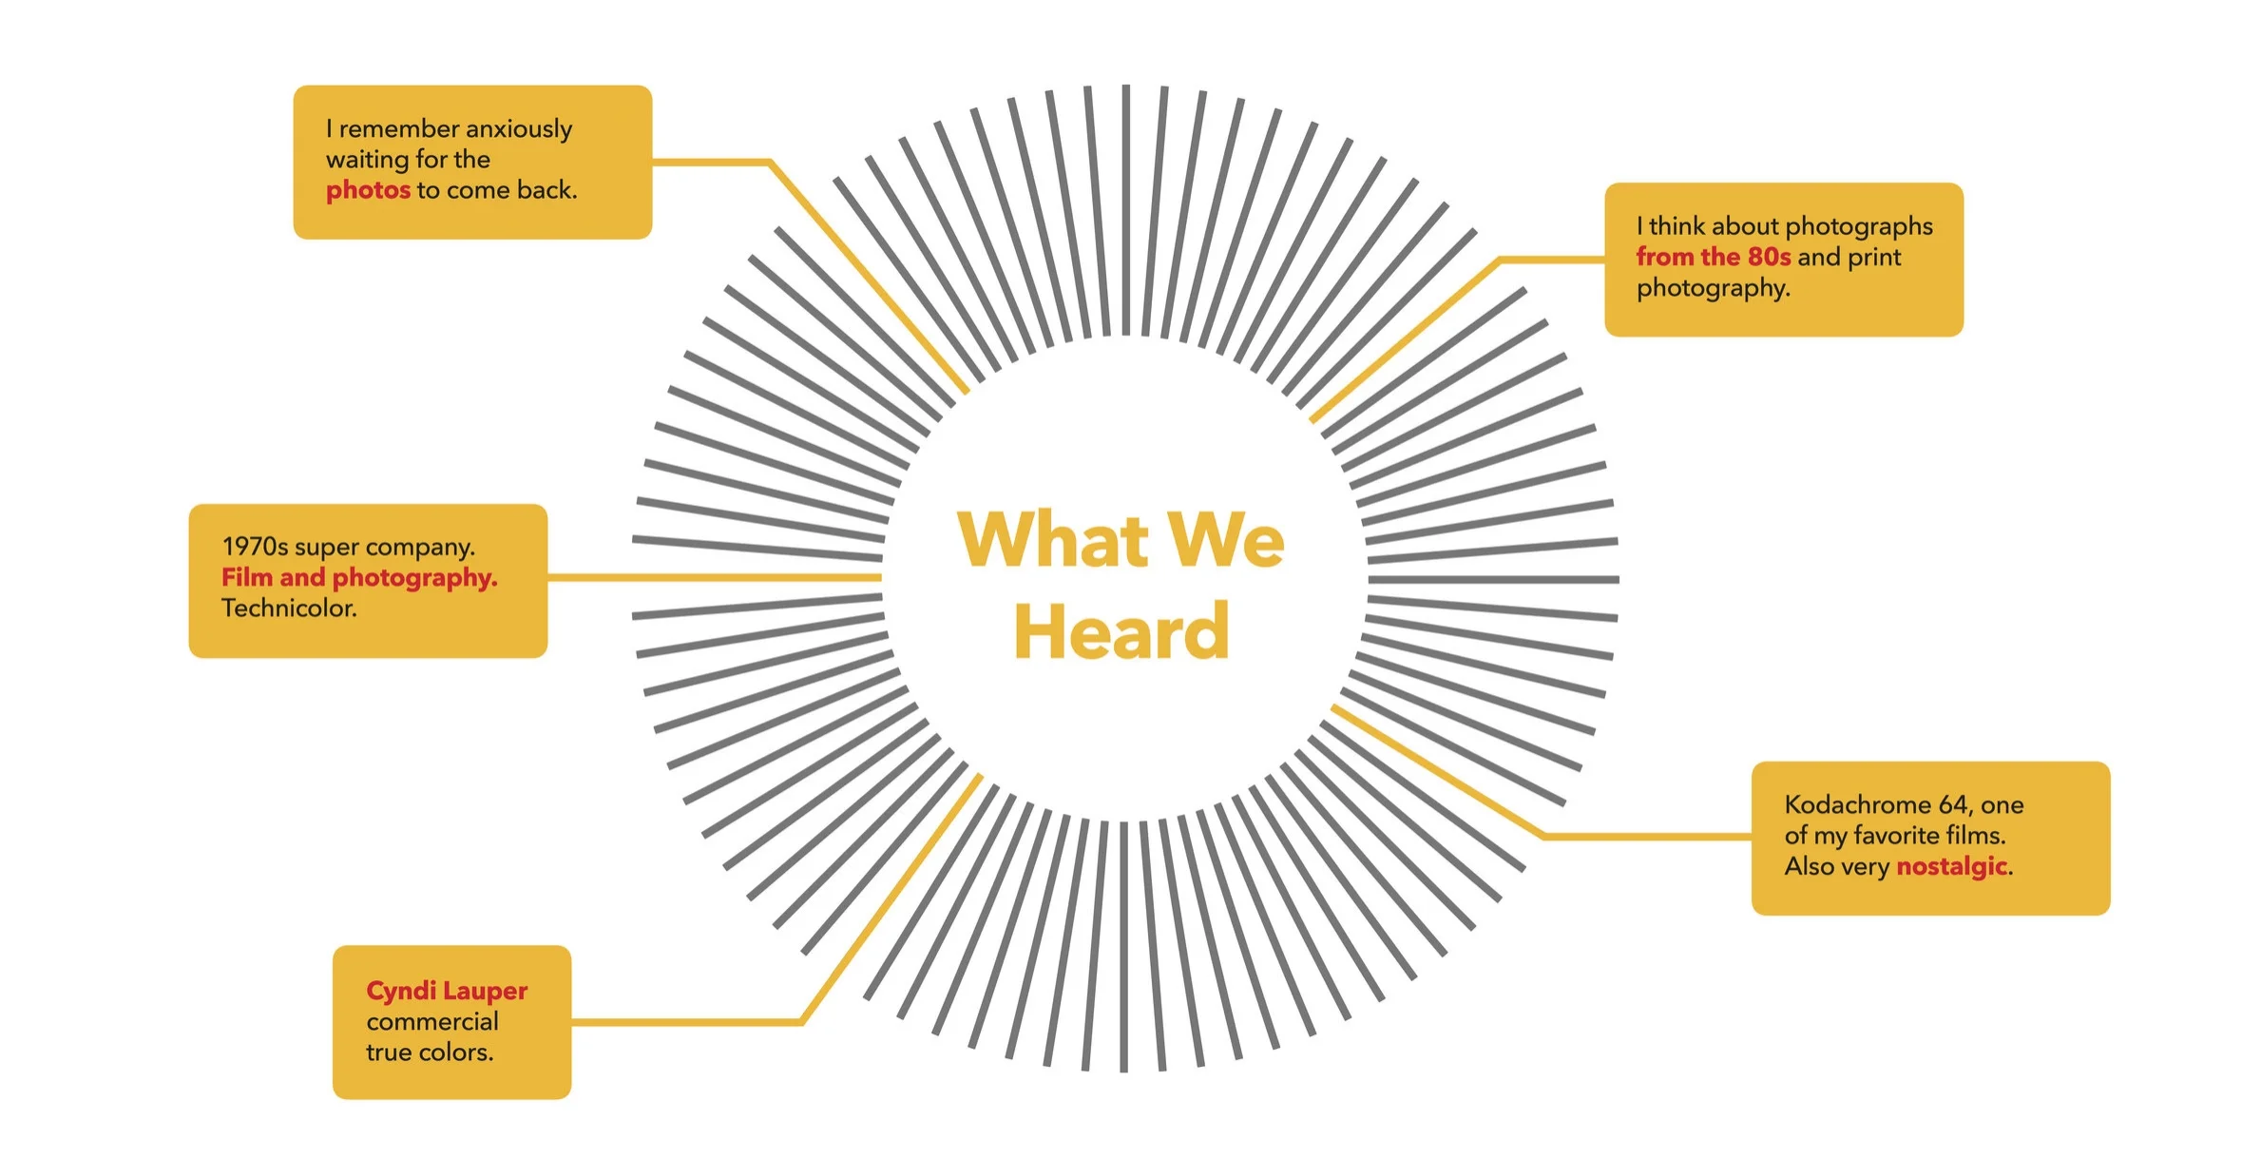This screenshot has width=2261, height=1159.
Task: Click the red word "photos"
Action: (368, 191)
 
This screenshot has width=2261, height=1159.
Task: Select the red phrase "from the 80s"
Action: (1714, 257)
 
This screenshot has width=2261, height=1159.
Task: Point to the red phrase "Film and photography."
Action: (359, 578)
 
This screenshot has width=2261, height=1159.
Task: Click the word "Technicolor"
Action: (288, 608)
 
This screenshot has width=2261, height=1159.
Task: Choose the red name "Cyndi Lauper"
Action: (447, 992)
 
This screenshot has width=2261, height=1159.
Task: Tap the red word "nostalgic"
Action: (1952, 867)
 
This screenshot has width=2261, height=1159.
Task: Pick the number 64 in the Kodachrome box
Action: (1954, 805)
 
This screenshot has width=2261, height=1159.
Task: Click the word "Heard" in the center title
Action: (1121, 631)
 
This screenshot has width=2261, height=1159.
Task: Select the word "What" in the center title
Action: (1053, 539)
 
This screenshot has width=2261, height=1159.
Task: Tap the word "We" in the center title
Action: (1226, 539)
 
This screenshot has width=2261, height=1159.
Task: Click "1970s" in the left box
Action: (255, 547)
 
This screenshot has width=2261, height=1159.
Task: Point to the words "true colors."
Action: (430, 1053)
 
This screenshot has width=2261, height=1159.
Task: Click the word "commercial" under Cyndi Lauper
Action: (432, 1022)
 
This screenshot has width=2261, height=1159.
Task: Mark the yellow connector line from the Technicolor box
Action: (715, 577)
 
